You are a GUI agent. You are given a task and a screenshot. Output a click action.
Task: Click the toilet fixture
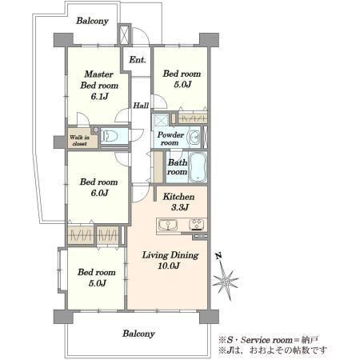110,136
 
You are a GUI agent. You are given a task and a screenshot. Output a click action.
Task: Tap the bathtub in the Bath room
198,167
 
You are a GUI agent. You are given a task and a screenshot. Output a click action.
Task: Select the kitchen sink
168,225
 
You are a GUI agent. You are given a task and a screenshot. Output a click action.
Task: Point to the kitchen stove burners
197,225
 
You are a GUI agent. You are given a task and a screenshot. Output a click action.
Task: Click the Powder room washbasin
194,138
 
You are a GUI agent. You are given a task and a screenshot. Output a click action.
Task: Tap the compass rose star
226,281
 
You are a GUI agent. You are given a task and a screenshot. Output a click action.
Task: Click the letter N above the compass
219,256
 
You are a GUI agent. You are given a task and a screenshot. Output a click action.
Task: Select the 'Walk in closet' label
79,141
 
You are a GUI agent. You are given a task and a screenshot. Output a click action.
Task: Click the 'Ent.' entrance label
138,60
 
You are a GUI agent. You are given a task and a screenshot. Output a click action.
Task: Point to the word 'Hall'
141,106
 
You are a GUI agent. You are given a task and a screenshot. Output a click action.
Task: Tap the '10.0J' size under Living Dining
169,266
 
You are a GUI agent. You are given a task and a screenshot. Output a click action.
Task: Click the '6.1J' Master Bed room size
99,96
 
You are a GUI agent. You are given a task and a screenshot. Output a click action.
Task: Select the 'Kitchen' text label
178,197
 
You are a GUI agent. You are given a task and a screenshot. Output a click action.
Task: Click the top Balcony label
92,21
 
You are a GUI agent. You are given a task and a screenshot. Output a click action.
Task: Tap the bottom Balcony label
138,334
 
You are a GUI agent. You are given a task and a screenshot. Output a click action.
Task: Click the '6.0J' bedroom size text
99,193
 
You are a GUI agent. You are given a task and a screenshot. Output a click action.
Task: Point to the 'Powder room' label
170,138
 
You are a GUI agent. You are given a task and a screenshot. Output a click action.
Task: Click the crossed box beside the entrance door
124,34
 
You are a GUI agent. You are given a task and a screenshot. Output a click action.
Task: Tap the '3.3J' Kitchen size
180,207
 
